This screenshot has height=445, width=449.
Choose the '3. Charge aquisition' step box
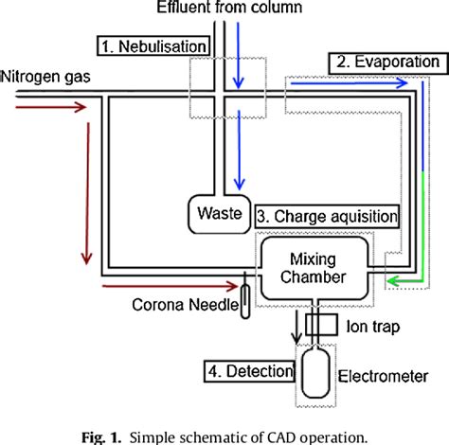point(326,216)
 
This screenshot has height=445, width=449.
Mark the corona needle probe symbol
point(244,298)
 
